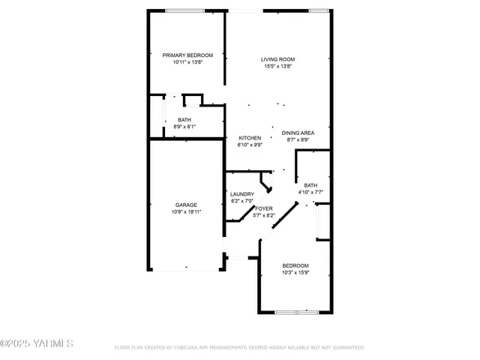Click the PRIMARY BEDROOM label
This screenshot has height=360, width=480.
click(x=187, y=55)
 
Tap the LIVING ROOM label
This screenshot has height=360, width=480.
click(x=277, y=59)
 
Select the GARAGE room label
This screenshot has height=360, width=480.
click(x=187, y=204)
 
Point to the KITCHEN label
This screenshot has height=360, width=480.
click(x=250, y=138)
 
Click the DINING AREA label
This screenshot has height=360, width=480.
click(x=298, y=133)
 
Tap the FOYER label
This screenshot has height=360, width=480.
click(x=263, y=208)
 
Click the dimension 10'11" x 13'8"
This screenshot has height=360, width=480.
click(x=187, y=62)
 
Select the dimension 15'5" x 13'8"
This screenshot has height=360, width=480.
click(x=277, y=67)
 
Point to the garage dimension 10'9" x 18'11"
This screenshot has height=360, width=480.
click(x=187, y=212)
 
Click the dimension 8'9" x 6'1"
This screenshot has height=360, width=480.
click(x=184, y=127)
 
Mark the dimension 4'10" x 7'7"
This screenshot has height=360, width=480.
click(x=310, y=192)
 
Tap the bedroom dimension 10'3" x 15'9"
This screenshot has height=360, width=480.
click(x=295, y=273)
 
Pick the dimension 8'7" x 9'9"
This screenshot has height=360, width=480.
click(x=298, y=140)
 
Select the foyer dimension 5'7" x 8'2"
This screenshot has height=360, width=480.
click(x=265, y=215)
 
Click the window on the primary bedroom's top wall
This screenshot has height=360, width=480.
click(x=185, y=10)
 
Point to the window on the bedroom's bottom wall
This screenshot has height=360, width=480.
click(x=296, y=311)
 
